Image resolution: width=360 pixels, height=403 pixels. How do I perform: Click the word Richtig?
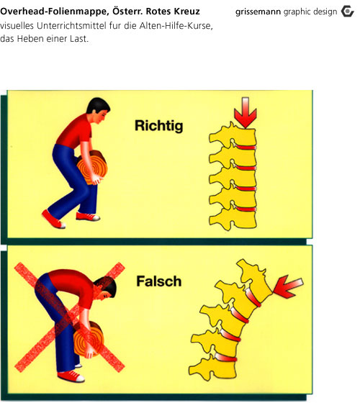tap(159, 126)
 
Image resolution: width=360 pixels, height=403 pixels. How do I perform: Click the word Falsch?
tap(159, 281)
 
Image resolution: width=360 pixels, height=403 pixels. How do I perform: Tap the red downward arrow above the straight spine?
tap(246, 112)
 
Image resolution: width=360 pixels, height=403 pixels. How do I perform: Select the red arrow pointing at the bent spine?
tap(288, 286)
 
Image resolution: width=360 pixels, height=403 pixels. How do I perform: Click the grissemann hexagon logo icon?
tap(347, 12)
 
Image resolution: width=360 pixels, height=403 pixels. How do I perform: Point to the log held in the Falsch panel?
tap(89, 339)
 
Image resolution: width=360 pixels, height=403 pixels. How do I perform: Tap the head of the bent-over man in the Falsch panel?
tap(106, 287)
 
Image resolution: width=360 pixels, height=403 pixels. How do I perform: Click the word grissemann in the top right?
tap(258, 12)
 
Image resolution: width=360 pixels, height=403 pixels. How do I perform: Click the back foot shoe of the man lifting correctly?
tap(53, 219)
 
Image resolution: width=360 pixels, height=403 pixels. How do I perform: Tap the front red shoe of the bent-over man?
tap(71, 376)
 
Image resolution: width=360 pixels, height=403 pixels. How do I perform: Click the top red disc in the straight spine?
tap(246, 147)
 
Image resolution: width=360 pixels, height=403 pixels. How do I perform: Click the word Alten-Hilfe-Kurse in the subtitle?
tap(176, 26)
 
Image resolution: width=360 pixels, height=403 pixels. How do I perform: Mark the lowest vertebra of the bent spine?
tap(212, 368)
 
